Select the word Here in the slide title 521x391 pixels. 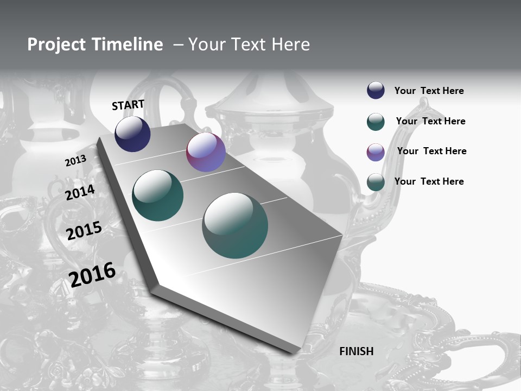coord(290,45)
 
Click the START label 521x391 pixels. coord(128,105)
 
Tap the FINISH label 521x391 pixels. coord(357,351)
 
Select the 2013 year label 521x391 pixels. coord(75,161)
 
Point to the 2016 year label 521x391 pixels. coord(92,275)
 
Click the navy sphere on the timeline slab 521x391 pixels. coord(132,134)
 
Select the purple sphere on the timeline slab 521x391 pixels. coord(206,152)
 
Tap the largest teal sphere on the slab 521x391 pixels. coord(235,225)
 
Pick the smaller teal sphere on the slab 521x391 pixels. coord(157,195)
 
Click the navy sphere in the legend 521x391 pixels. coord(376,91)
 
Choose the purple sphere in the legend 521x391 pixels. coord(376,152)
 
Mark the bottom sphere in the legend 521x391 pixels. coord(376,182)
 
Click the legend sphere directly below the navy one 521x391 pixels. coord(376,122)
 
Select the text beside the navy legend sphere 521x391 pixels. coord(429,91)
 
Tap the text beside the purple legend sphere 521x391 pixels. coord(431,151)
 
